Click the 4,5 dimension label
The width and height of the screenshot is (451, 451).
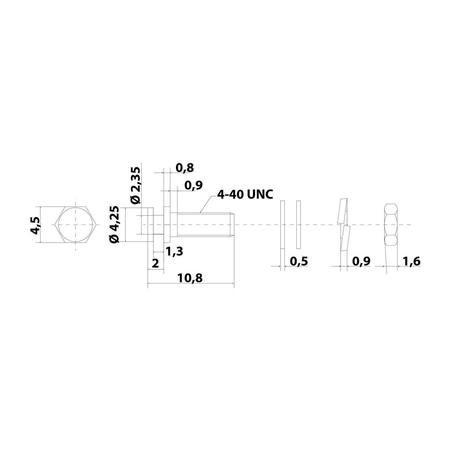coord(35,225)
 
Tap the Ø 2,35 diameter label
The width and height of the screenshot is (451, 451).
coord(136,186)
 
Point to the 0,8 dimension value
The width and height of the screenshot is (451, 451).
coord(185,168)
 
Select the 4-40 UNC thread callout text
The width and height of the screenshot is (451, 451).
coord(245,195)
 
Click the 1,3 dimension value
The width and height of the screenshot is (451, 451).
coord(174,251)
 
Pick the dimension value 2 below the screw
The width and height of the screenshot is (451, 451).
coord(155,264)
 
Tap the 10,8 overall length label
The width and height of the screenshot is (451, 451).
coord(190,278)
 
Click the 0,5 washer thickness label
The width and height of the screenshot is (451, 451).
coord(299,261)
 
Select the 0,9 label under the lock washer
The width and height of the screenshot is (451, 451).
coord(361,261)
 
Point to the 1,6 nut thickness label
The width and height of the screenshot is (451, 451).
coord(411,261)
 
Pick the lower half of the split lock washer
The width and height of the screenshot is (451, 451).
coord(345,239)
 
